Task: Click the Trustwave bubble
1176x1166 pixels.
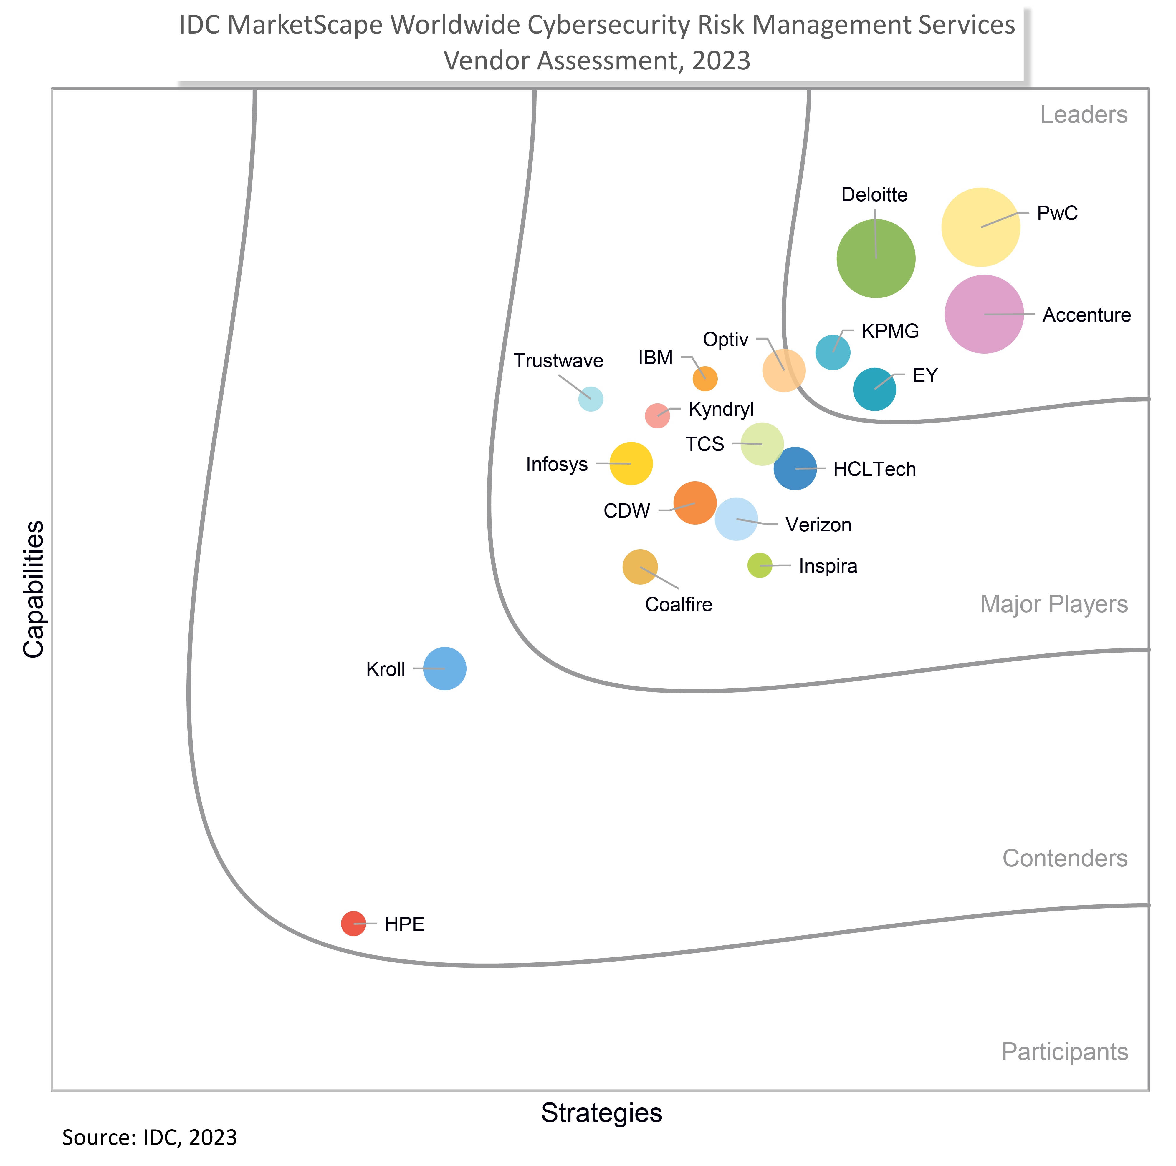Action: pos(591,399)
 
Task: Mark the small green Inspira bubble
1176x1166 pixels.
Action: pos(760,566)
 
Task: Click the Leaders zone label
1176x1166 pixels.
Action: pos(1084,114)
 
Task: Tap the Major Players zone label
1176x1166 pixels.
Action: pos(1054,604)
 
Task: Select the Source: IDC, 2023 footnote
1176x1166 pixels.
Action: pos(150,1137)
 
